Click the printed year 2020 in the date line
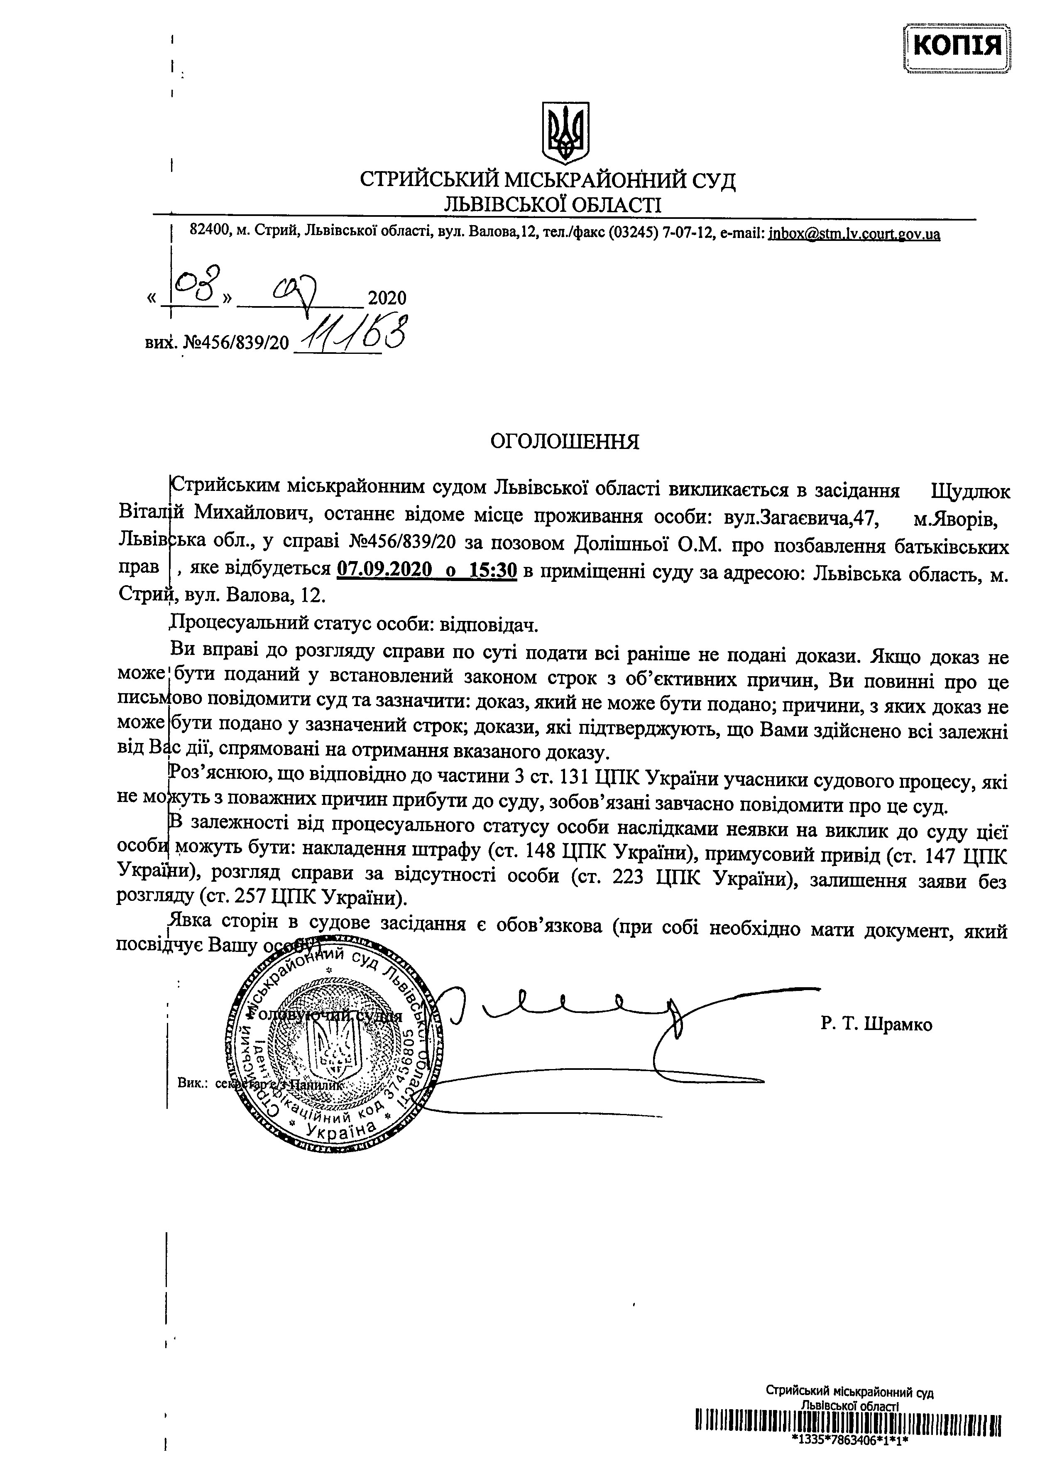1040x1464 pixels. click(387, 298)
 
